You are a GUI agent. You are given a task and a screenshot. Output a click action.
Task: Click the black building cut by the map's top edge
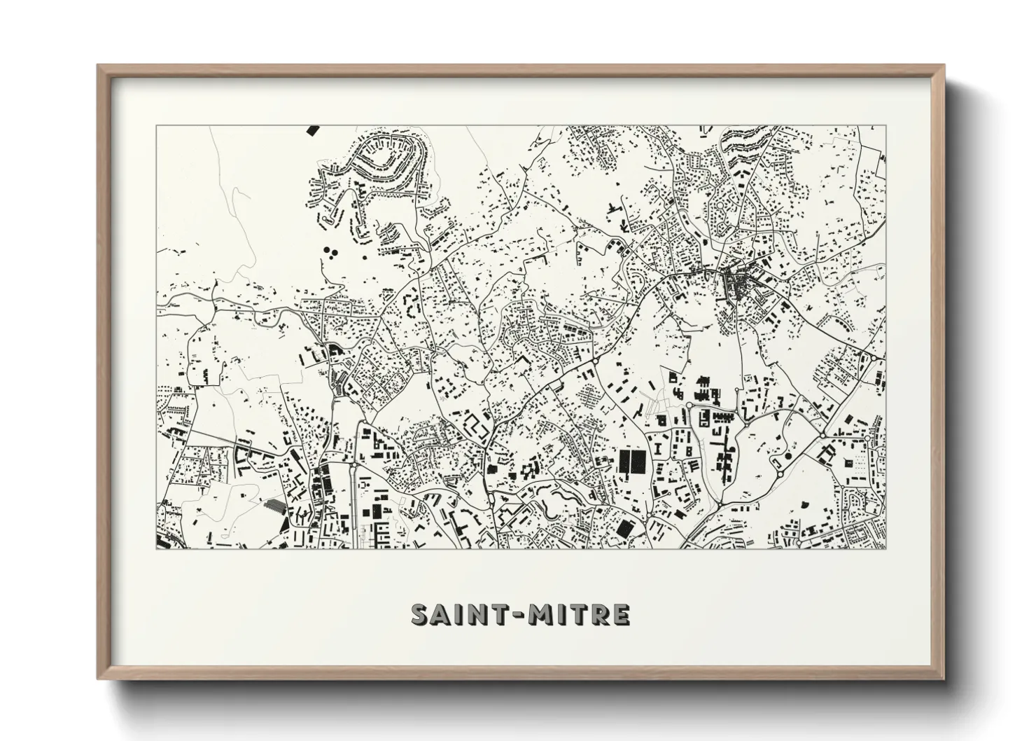(312, 130)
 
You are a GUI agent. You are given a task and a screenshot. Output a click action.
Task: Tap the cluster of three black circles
(330, 250)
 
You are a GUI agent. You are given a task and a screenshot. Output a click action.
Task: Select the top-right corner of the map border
(885, 125)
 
